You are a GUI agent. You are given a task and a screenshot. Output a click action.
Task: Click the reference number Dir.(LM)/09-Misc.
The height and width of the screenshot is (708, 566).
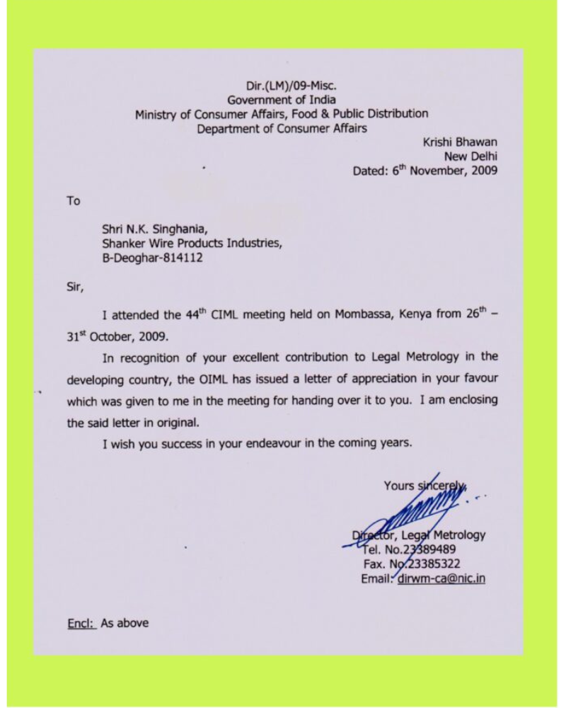pyautogui.click(x=281, y=86)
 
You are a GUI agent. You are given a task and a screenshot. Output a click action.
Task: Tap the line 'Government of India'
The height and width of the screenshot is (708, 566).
pyautogui.click(x=281, y=100)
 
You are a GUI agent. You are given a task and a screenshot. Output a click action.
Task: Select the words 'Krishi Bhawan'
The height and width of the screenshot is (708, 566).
pyautogui.click(x=460, y=142)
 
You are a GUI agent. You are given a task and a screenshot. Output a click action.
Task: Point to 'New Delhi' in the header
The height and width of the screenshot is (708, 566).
pyautogui.click(x=470, y=156)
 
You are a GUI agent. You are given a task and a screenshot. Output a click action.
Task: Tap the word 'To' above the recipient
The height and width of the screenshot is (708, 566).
pyautogui.click(x=74, y=201)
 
